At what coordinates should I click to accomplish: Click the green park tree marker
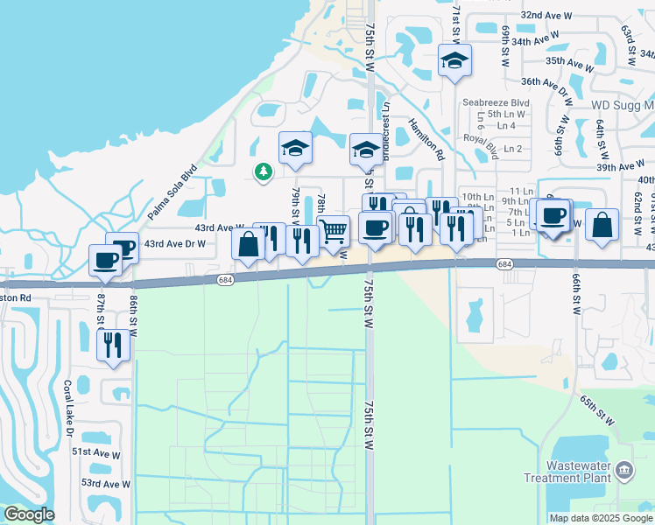tap(262, 171)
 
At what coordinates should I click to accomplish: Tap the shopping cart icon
tap(333, 231)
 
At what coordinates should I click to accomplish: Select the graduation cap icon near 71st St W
tap(454, 60)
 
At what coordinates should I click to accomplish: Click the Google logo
tap(29, 514)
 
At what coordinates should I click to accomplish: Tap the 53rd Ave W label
tap(106, 483)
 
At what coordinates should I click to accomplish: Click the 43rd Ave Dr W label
tap(174, 243)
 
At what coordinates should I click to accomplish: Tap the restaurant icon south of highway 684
tap(113, 344)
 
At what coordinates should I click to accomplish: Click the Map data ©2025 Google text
tap(601, 518)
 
